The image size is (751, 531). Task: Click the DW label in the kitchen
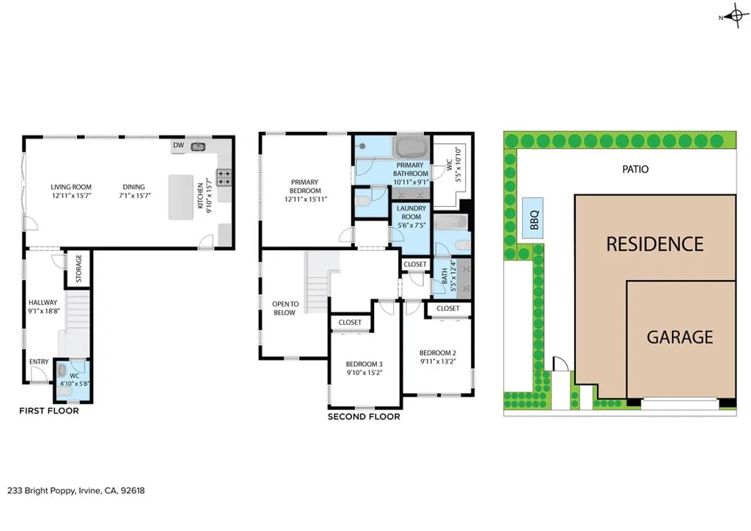coord(178,146)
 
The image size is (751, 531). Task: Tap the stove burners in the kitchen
coord(224,177)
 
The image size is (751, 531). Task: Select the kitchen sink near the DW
coord(198,147)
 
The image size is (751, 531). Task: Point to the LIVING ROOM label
coord(71,187)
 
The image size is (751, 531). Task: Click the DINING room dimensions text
coord(134,196)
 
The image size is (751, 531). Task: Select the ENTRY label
coord(39,362)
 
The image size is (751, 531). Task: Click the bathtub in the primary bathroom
coord(410,147)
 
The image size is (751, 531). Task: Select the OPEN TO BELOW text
coord(285,308)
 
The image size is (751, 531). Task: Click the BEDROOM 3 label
coord(364,364)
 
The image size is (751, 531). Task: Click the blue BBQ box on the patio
coord(534,218)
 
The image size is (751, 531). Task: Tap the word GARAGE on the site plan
coord(680,337)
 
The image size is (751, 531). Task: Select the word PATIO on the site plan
coord(634,169)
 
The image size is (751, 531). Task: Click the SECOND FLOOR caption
coord(364,417)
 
